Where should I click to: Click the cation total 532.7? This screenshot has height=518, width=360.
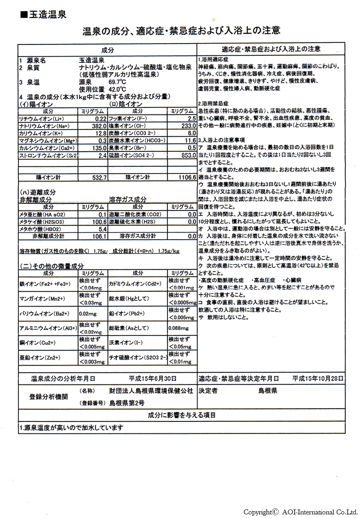point(98,178)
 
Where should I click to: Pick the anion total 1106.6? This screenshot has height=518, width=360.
point(185,178)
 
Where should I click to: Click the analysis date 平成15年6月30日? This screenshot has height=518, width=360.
point(152,379)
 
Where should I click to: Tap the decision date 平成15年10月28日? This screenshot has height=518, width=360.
point(318,379)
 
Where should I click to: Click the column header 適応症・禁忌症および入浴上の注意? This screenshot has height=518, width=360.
point(271,49)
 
